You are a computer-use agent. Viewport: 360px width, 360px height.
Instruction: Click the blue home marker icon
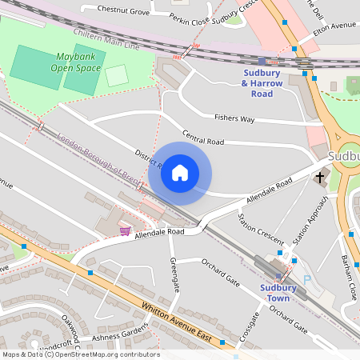click(x=180, y=173)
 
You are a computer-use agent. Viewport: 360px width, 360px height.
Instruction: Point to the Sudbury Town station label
click(x=278, y=294)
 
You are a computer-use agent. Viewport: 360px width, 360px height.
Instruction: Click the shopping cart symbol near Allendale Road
click(x=125, y=230)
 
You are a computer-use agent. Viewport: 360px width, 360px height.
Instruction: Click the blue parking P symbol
click(x=306, y=280)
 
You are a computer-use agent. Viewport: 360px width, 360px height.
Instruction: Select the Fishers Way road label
click(x=234, y=118)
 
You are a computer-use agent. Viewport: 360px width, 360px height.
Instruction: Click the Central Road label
click(x=203, y=138)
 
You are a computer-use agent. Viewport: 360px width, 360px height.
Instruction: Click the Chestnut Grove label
click(x=123, y=11)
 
